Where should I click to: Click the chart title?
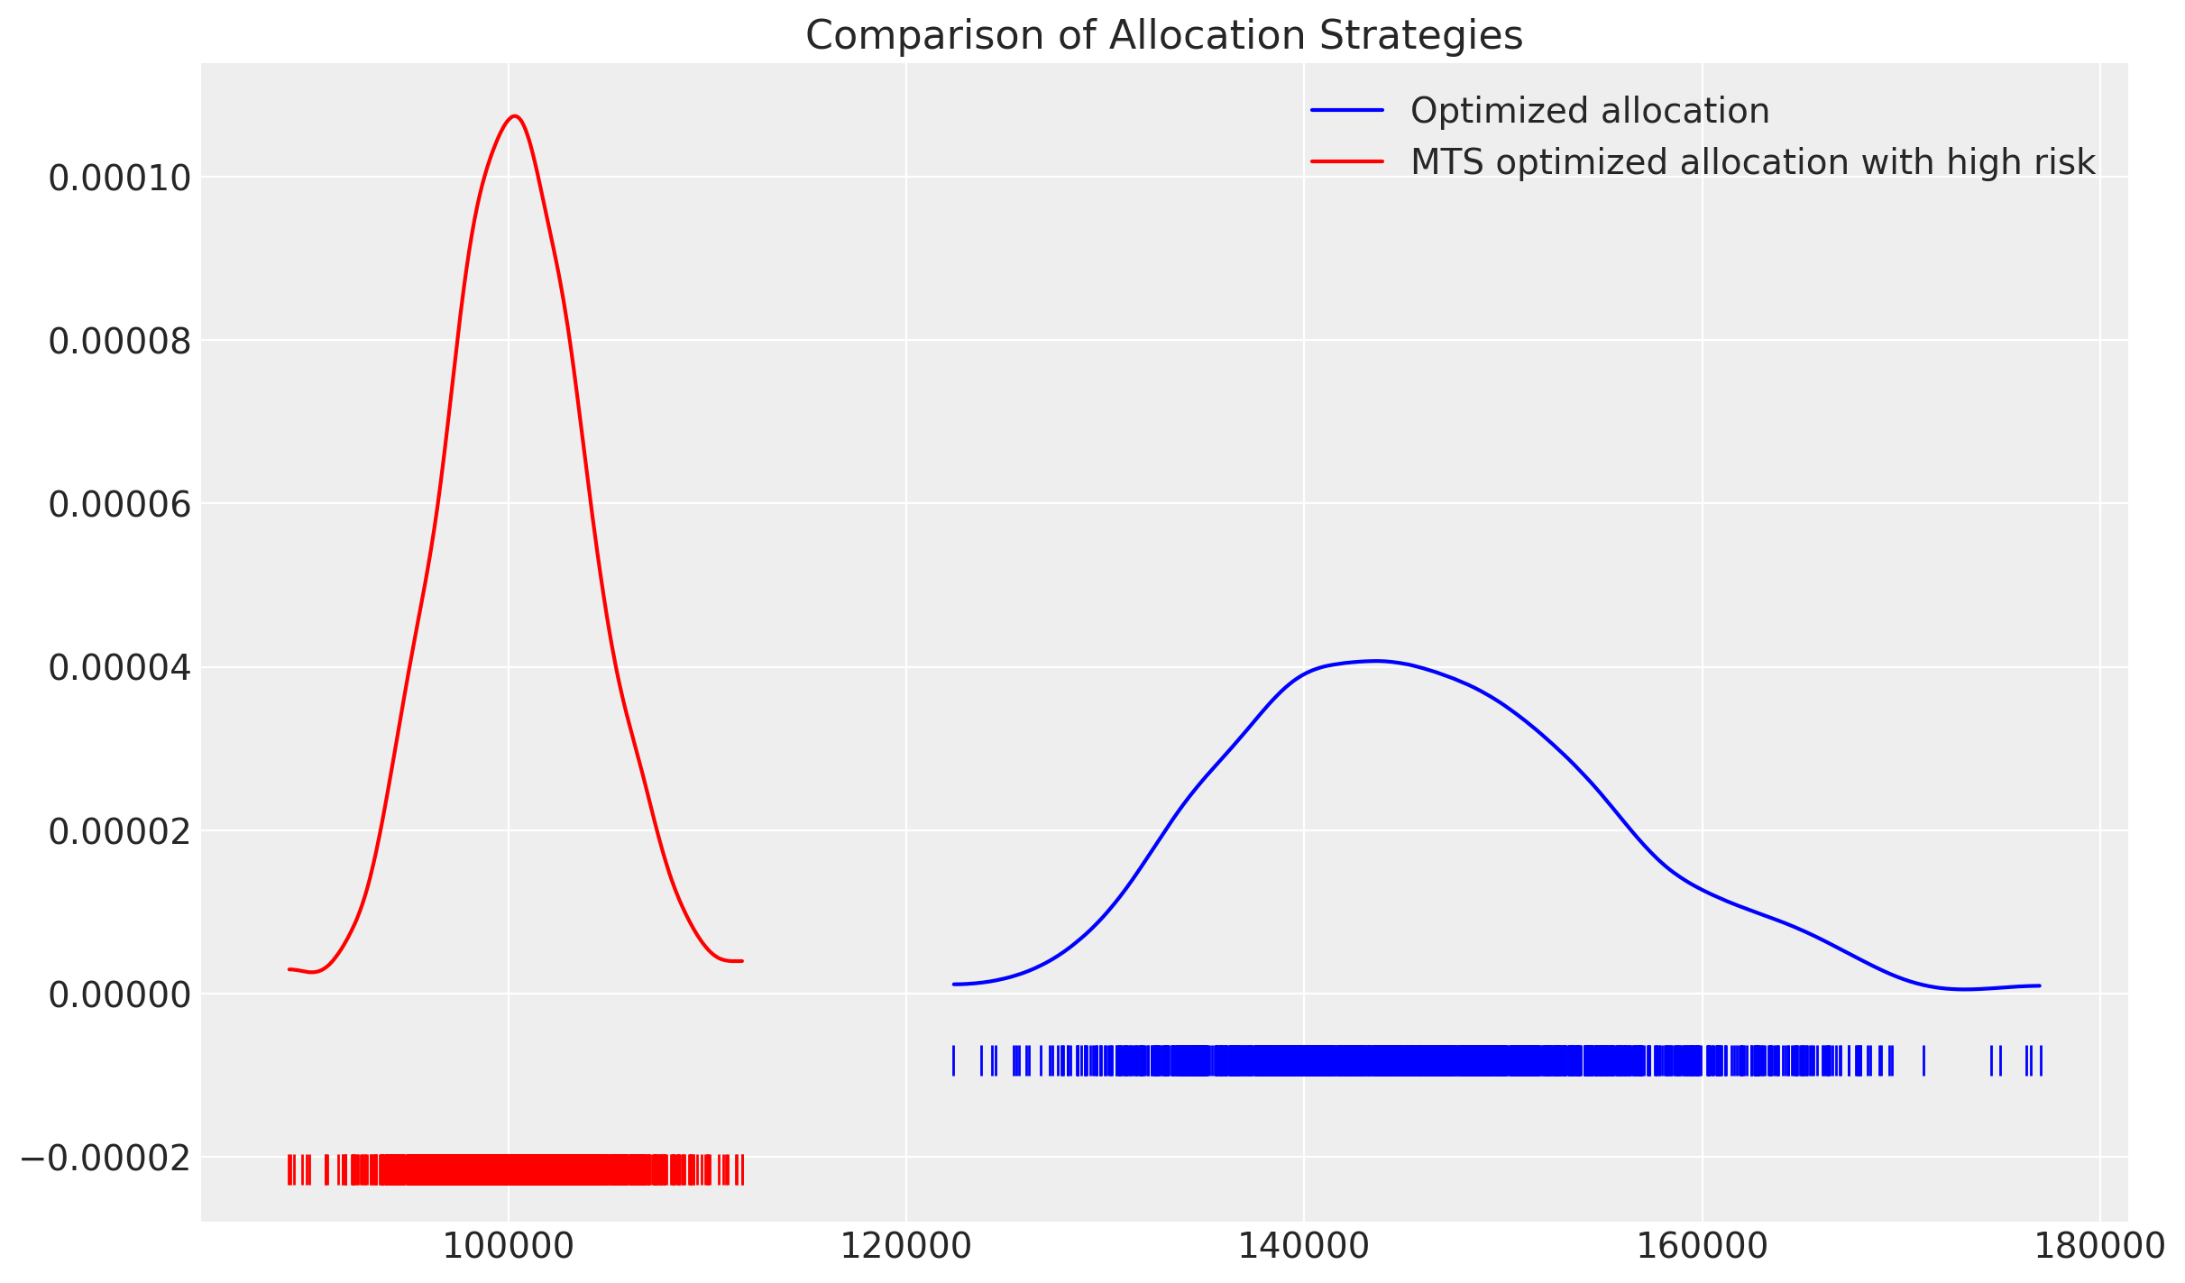click(1163, 36)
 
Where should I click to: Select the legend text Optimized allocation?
click(1589, 111)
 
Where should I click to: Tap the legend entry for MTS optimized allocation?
click(1752, 162)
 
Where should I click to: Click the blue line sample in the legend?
click(1346, 111)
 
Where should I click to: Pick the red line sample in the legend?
click(1346, 162)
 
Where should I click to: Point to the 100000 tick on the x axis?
click(509, 1247)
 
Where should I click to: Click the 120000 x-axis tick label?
click(906, 1247)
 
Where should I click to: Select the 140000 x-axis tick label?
click(1304, 1247)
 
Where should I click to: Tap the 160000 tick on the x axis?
click(1702, 1247)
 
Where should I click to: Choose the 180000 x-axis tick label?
click(2099, 1247)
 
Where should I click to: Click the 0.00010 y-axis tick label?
click(120, 179)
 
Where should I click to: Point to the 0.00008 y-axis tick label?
click(120, 342)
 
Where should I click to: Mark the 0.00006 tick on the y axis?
click(120, 505)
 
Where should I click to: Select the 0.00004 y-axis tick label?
click(120, 668)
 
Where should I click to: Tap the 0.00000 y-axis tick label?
click(120, 994)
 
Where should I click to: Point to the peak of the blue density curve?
click(1375, 661)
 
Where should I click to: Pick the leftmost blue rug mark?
click(953, 1060)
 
